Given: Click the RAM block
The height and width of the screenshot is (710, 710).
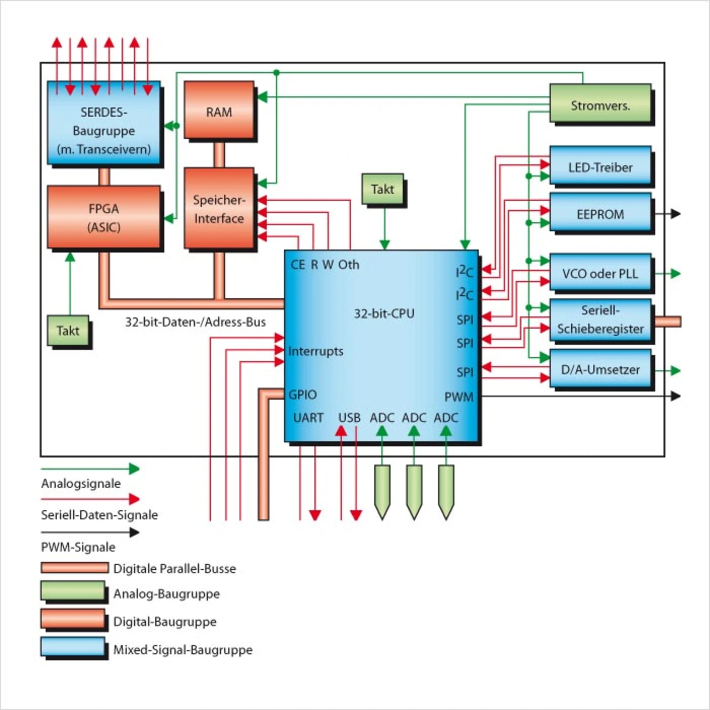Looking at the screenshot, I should point(219,111).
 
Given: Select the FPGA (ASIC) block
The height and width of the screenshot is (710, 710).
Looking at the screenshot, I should point(104,217).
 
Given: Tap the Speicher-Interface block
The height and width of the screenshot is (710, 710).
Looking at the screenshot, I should point(219,209).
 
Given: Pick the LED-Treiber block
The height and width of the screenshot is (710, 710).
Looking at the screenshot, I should point(600,166).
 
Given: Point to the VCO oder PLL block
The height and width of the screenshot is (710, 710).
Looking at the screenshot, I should point(600,273).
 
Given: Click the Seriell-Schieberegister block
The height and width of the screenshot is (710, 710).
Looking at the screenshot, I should point(600,319).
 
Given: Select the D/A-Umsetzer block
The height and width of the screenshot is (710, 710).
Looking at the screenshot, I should point(600,369).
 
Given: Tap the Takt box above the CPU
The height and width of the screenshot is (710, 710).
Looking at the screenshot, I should point(383,189).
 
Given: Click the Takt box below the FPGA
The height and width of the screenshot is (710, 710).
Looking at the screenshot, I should point(68,331).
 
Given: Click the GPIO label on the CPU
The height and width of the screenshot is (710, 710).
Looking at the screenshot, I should point(303,394).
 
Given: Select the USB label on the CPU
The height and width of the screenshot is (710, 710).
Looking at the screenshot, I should point(349,417).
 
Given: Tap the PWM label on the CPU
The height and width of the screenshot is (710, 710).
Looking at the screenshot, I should point(459,397).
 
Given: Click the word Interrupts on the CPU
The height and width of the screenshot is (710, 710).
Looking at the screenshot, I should point(316,351).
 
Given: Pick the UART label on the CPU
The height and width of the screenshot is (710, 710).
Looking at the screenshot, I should point(308,417).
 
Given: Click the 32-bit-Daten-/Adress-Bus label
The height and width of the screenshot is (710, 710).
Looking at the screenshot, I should point(195,322).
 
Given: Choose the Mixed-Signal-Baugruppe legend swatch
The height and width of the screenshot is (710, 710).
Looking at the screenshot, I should point(73,647).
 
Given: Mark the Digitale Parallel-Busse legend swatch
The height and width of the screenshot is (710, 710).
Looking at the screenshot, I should point(74,567).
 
